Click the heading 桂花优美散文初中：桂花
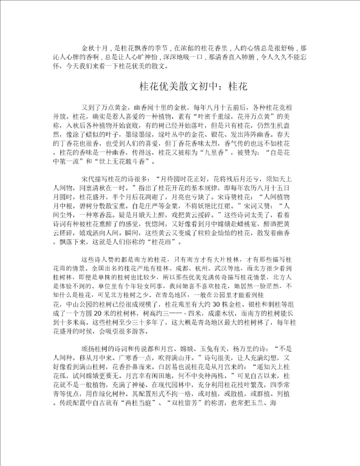tap(193, 86)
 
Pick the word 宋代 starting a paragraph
tap(87, 177)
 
